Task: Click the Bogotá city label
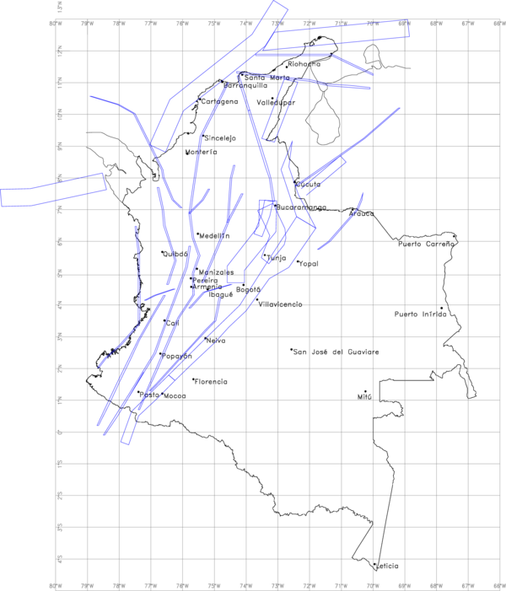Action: coord(249,289)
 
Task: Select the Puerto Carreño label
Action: coord(427,244)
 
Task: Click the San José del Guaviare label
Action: coord(335,351)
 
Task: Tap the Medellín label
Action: coord(215,236)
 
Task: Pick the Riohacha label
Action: coord(304,64)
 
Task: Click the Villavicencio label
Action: coord(280,304)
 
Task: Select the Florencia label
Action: coord(211,382)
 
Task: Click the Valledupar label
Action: coord(277,102)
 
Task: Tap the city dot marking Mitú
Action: coord(365,391)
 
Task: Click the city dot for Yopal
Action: coord(298,261)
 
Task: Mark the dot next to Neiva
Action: coord(205,338)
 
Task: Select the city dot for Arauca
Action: coord(354,209)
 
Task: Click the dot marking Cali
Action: coord(164,320)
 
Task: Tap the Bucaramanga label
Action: coord(302,207)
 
